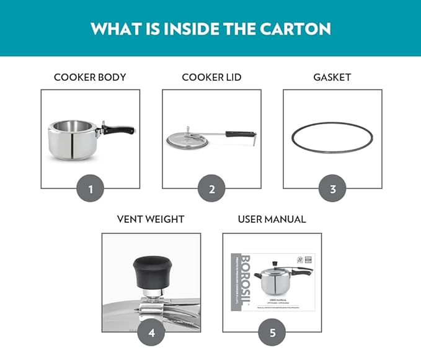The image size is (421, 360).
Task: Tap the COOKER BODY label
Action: coord(90,78)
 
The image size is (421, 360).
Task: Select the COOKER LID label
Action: coord(211,78)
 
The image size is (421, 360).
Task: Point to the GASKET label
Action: coord(332,78)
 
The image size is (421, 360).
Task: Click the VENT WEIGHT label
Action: coord(151,219)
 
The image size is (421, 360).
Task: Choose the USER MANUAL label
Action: coord(272,219)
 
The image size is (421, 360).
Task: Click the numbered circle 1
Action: coord(91,189)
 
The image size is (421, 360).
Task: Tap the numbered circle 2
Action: coord(211,189)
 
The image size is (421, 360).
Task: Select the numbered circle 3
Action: coord(332,189)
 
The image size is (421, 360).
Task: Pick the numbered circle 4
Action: coord(151,333)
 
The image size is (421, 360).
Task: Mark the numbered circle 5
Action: coord(272,333)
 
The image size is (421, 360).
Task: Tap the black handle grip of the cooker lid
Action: coord(239,133)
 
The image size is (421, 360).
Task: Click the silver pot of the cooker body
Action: coord(72,139)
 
